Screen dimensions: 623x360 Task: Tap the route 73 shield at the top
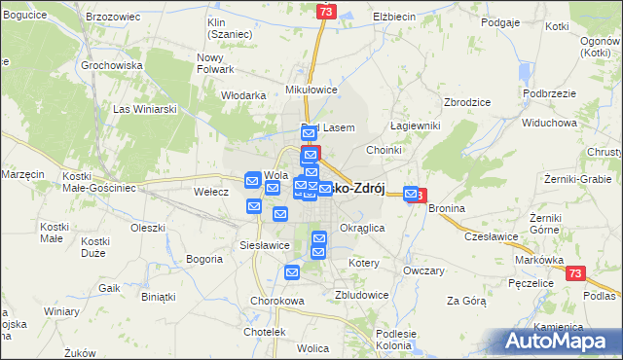point(326,11)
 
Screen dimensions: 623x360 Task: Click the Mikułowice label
point(311,90)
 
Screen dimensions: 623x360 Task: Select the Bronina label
point(446,209)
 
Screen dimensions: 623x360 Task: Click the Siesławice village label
point(265,245)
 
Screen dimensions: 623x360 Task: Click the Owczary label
point(423,270)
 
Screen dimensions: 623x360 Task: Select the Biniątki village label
point(160,296)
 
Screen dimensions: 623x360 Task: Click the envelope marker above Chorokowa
point(292,274)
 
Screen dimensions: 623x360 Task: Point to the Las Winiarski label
point(145,109)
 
